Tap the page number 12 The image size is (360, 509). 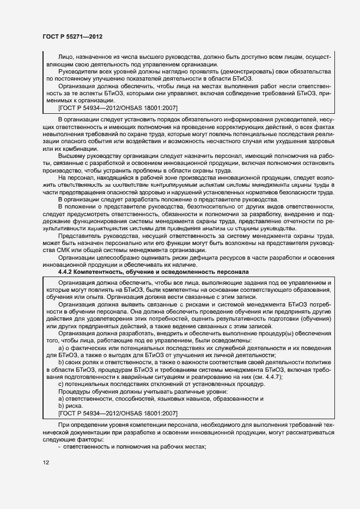46,463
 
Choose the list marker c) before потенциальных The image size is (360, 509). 60,385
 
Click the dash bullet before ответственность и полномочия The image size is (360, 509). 59,446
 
